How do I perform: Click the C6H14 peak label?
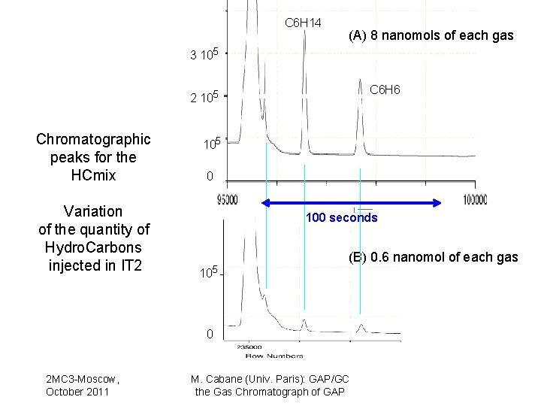click(x=303, y=23)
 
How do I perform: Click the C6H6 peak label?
click(x=385, y=90)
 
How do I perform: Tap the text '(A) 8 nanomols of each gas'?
click(x=431, y=35)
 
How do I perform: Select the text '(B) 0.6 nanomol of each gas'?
click(x=432, y=257)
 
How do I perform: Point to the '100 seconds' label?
click(x=341, y=218)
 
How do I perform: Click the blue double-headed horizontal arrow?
click(x=351, y=201)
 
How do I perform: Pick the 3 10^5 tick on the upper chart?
click(x=204, y=54)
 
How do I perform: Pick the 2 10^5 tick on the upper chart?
click(x=204, y=96)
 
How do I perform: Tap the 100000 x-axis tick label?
click(x=474, y=199)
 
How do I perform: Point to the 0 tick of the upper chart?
click(x=210, y=177)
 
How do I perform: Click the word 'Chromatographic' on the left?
click(x=93, y=139)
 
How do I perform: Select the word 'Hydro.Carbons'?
click(x=93, y=247)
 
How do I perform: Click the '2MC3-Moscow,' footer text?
click(x=83, y=380)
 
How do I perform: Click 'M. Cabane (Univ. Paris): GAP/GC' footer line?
click(x=270, y=380)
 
